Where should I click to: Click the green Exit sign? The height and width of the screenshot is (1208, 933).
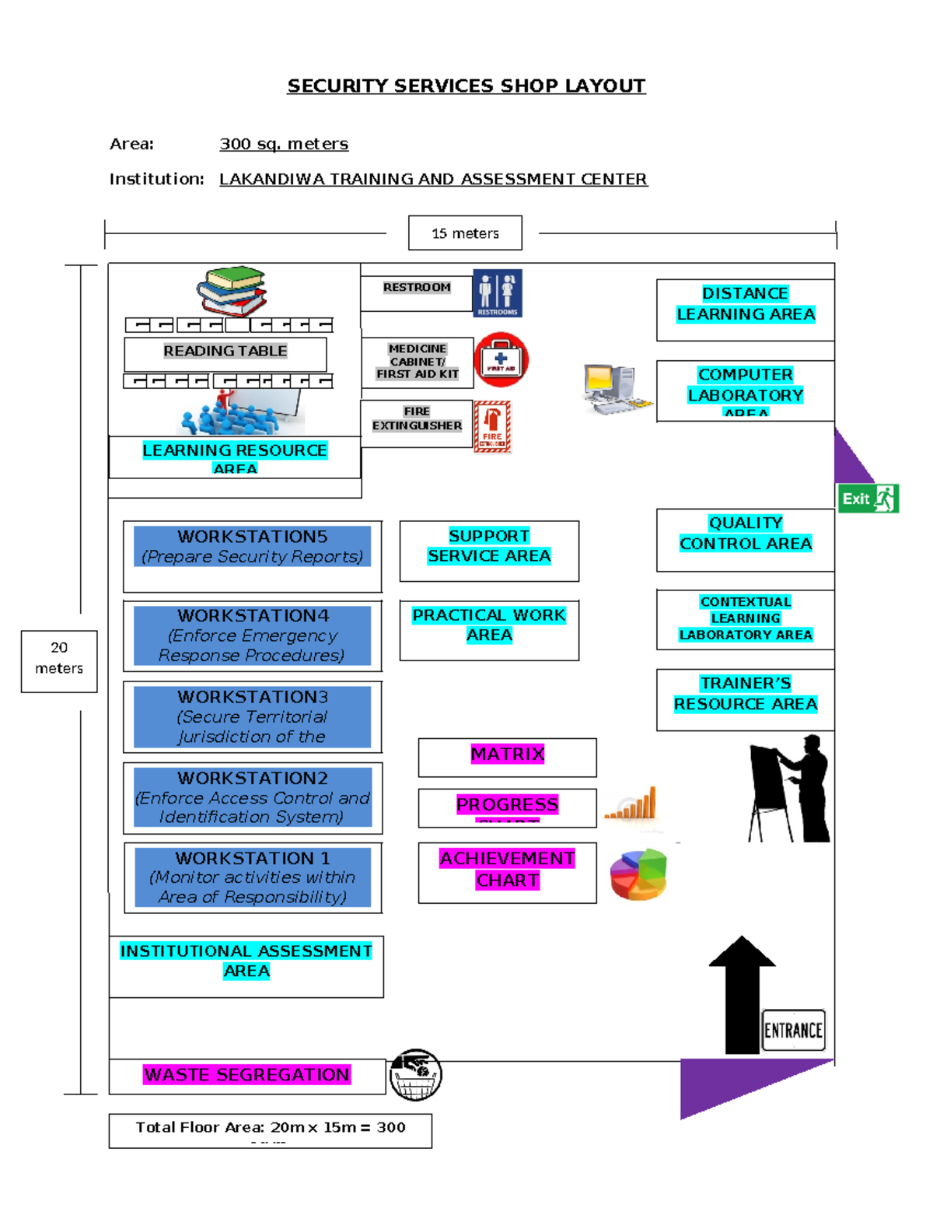point(868,499)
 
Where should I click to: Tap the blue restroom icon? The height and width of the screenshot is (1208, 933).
point(498,293)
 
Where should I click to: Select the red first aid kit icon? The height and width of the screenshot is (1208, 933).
point(501,359)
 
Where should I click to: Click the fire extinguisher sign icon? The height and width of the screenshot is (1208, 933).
point(493,426)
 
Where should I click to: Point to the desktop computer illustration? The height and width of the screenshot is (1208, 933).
point(617,389)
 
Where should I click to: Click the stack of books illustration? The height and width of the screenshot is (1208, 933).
point(232,291)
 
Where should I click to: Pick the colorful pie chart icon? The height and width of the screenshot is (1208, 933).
point(638,874)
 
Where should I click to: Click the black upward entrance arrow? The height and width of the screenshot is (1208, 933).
point(742,995)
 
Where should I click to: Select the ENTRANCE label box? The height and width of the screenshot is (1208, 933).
point(793,1030)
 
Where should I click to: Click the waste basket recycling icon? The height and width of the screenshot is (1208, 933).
point(415,1075)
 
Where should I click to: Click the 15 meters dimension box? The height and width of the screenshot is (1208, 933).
point(465,233)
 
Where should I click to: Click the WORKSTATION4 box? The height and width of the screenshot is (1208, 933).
point(252,636)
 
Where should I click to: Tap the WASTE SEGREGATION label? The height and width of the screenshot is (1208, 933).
point(247,1076)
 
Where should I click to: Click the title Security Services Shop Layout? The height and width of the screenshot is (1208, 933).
point(466,86)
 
